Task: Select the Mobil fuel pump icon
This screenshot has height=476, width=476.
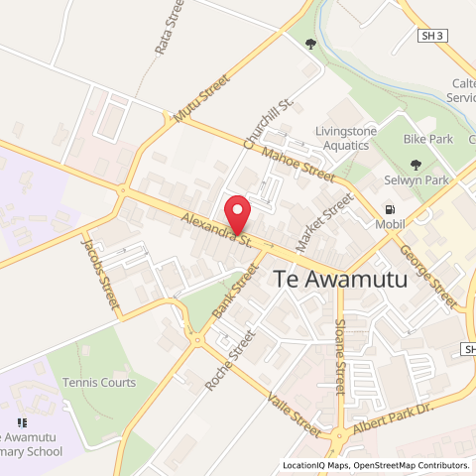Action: [390, 210]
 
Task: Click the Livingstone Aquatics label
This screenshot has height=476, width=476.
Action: [356, 138]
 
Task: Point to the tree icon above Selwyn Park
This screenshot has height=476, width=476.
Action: [416, 166]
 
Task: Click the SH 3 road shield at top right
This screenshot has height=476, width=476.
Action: [428, 36]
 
